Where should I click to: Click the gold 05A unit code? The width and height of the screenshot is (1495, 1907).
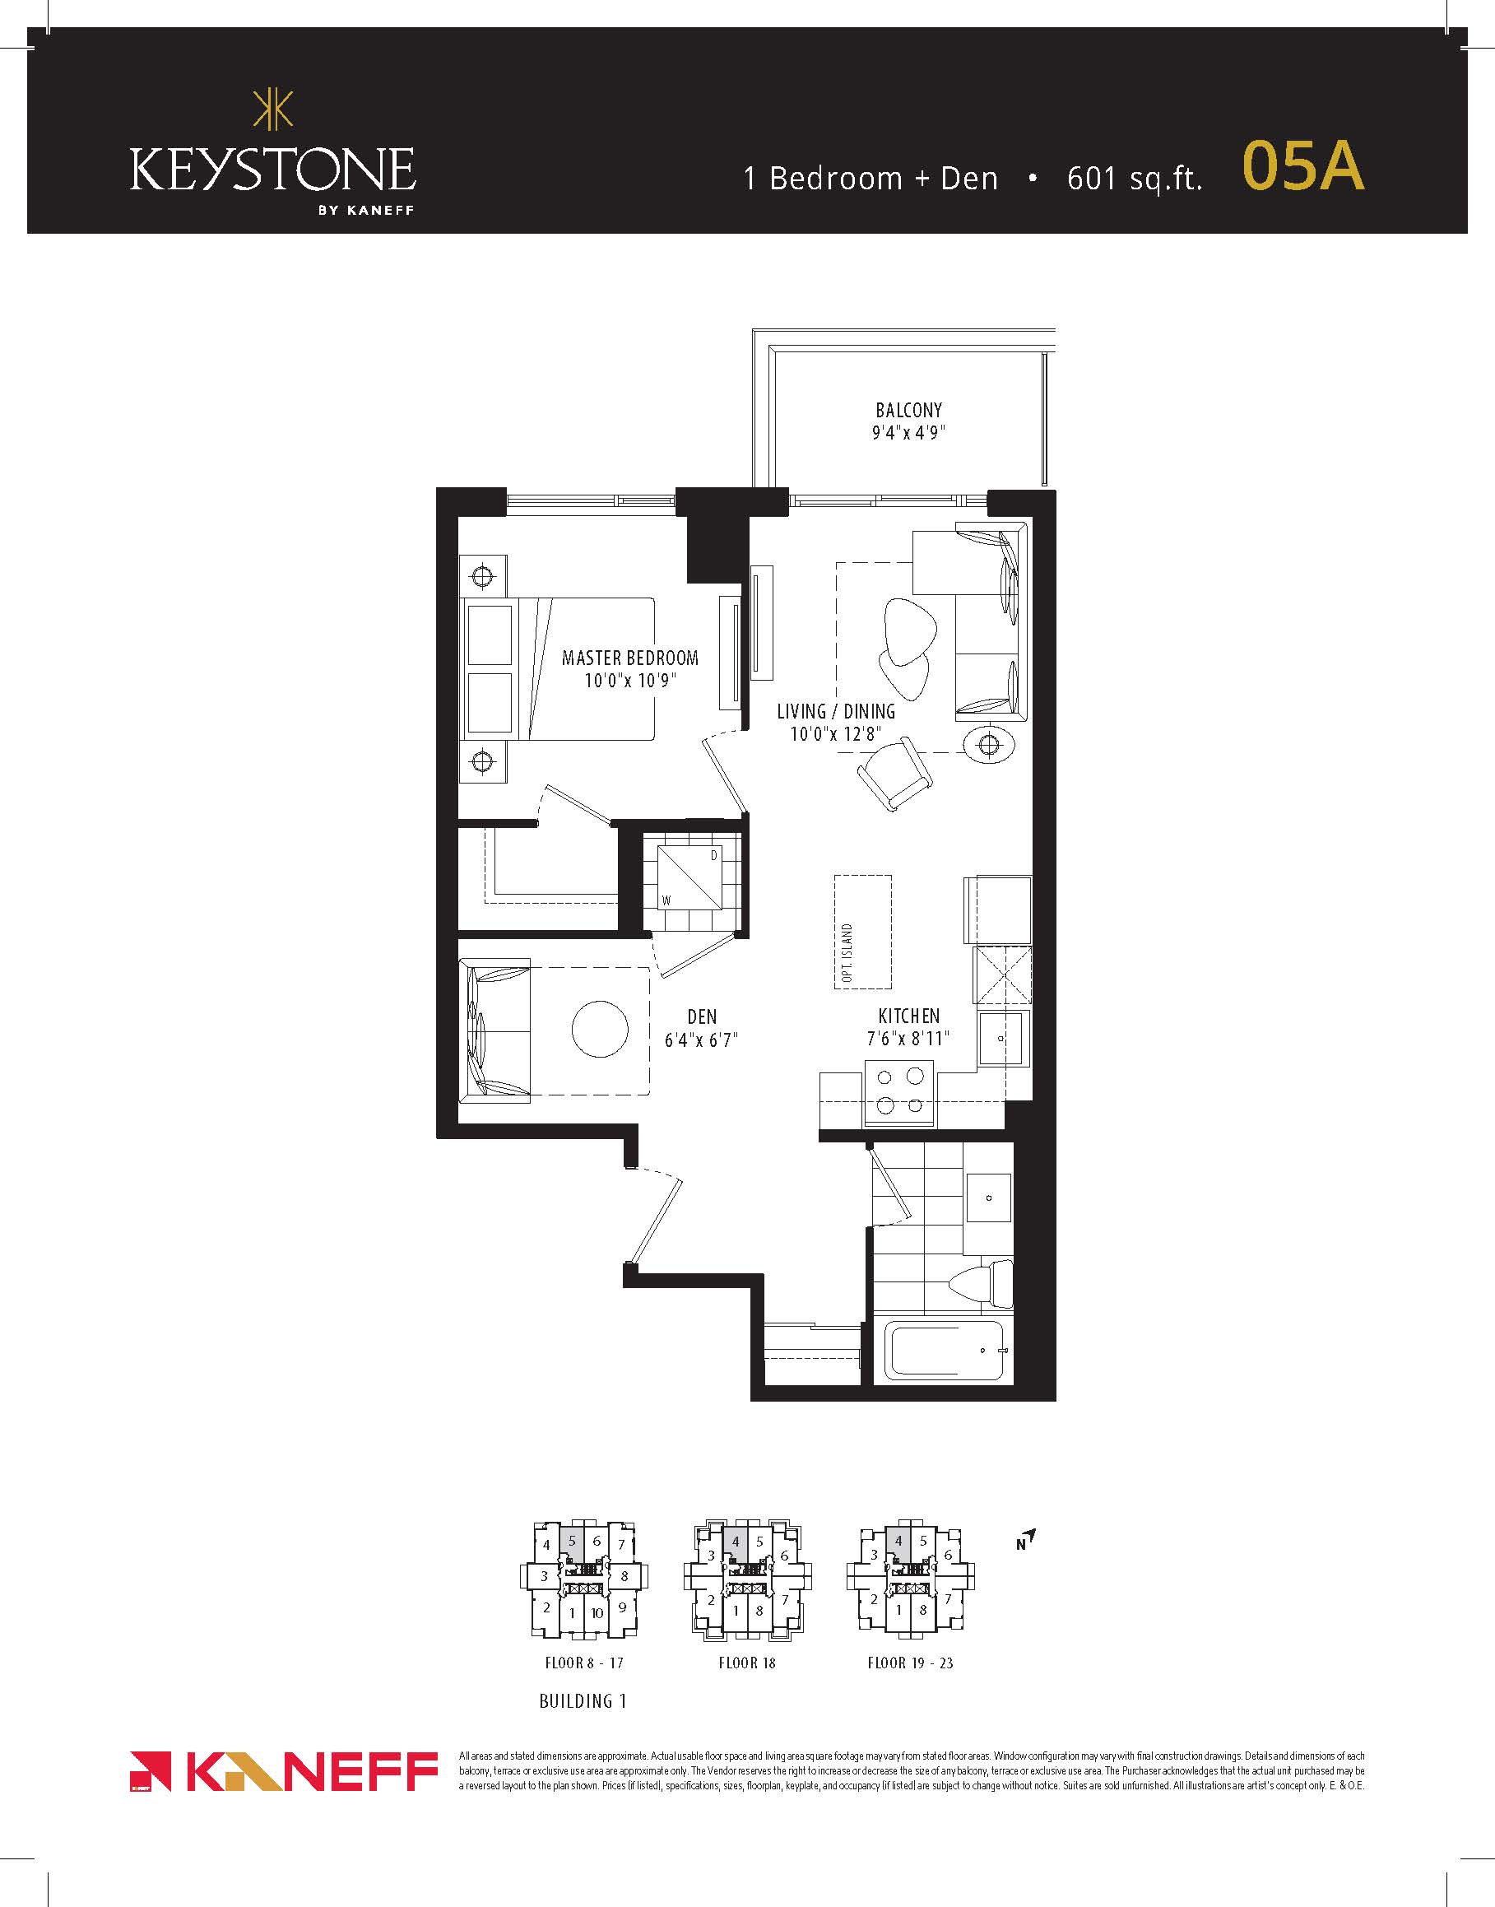click(1303, 165)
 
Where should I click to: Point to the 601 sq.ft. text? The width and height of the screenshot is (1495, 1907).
click(1135, 179)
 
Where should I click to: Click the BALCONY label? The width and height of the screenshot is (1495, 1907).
click(908, 410)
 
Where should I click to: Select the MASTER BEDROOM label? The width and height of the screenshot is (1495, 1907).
click(630, 658)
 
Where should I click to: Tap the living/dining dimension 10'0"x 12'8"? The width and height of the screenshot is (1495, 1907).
click(835, 733)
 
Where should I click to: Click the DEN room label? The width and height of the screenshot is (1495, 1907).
click(702, 1016)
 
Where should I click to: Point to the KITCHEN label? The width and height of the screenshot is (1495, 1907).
click(908, 1016)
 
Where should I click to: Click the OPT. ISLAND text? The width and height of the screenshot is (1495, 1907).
click(847, 953)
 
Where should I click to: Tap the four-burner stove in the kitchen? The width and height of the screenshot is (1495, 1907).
click(899, 1092)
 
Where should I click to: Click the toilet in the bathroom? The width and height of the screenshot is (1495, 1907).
click(982, 1285)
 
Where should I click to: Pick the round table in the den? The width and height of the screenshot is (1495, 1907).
click(600, 1029)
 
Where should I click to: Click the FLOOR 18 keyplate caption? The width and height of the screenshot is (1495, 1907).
click(746, 1663)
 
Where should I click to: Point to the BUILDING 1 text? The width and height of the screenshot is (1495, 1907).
click(583, 1701)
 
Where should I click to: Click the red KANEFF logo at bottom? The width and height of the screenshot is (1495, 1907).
click(284, 1771)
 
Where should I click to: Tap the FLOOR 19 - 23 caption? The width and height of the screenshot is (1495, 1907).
click(910, 1663)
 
